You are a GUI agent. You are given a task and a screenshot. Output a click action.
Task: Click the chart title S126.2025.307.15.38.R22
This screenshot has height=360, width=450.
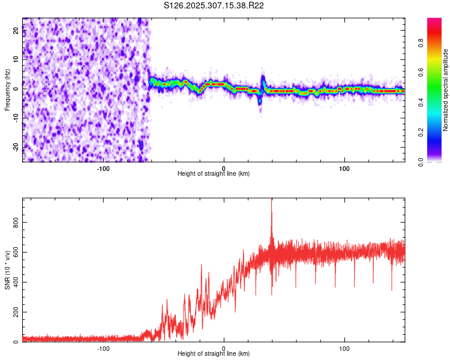[214, 5]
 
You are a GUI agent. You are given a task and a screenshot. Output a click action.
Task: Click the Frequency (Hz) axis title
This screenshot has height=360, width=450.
[7, 89]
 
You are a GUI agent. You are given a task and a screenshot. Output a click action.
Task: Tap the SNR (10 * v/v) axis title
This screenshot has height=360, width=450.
[7, 270]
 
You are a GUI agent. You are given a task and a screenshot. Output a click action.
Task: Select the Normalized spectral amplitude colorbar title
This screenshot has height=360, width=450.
[445, 90]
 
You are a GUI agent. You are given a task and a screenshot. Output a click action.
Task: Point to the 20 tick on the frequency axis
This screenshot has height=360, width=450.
[16, 31]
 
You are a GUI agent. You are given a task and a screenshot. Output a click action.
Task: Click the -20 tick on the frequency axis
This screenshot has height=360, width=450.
[15, 147]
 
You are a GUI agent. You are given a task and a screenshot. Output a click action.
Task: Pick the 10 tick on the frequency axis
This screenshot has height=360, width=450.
[16, 60]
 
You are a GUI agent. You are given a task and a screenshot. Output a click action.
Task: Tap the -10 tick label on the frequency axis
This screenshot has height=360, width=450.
[15, 118]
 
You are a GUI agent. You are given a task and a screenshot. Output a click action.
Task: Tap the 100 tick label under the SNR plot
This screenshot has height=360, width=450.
[344, 349]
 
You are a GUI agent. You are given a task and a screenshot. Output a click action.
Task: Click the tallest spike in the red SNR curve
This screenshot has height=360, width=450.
[272, 201]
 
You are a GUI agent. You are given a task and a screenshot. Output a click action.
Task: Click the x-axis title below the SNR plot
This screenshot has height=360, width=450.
[214, 354]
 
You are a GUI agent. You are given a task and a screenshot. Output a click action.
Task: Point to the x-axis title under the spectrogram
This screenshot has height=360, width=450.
[214, 173]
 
